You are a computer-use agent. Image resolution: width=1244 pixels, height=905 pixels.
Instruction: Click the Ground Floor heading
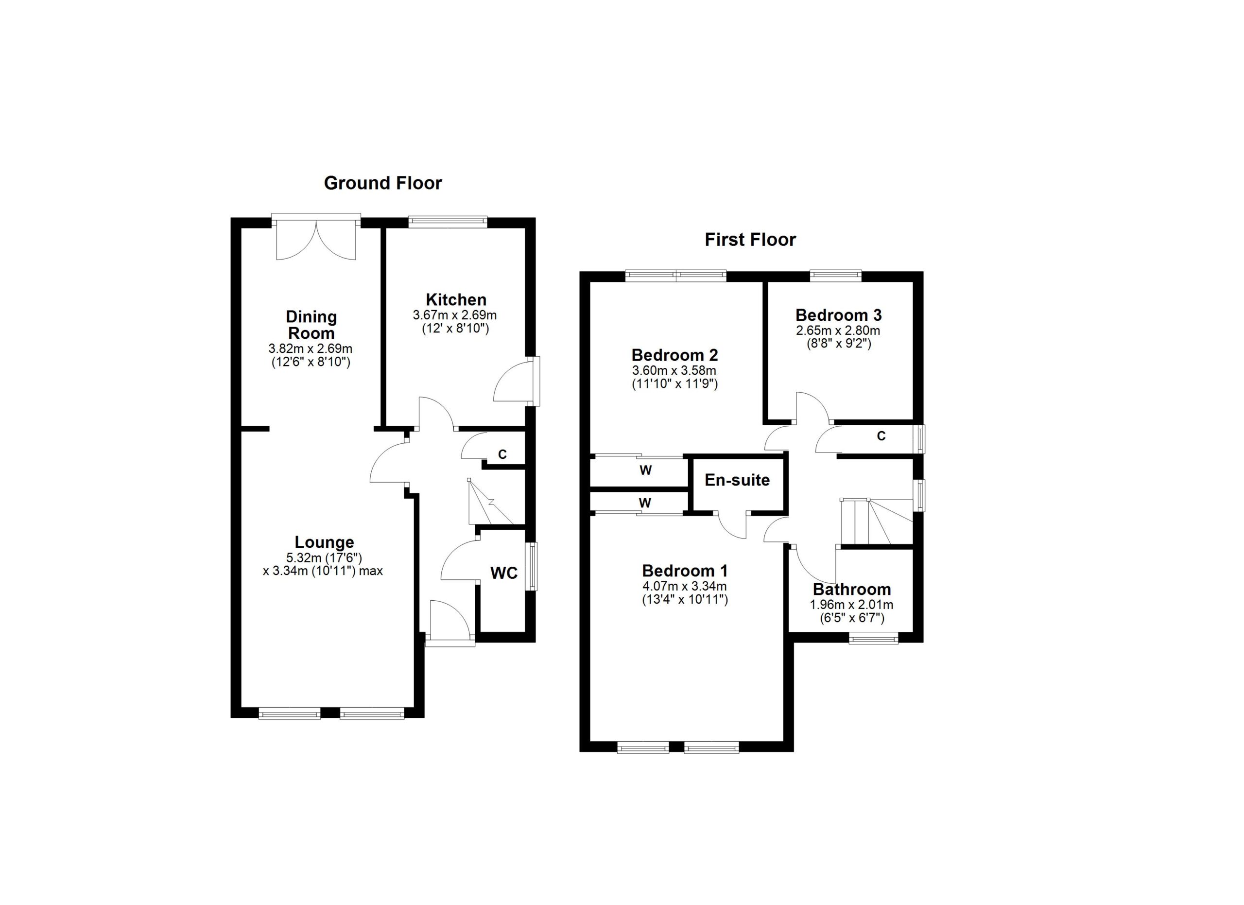click(x=383, y=183)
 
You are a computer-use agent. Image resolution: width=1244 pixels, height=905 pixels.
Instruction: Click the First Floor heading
click(x=750, y=240)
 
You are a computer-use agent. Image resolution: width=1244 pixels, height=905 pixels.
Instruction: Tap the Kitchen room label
click(x=456, y=299)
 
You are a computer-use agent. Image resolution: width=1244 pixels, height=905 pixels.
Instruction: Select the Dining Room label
click(x=311, y=325)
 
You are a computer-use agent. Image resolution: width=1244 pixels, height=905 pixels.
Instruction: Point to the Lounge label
click(x=324, y=542)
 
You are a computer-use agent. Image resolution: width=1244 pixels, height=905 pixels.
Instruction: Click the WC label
click(x=503, y=573)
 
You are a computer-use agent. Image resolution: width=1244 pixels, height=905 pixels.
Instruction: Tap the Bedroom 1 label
click(x=685, y=571)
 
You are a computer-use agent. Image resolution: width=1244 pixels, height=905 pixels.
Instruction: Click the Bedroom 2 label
click(x=674, y=355)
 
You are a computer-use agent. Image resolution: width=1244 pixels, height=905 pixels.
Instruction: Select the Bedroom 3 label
click(x=839, y=315)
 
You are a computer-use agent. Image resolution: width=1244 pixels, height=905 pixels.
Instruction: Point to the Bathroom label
click(x=852, y=590)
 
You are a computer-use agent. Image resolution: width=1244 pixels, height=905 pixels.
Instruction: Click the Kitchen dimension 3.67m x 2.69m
click(x=455, y=315)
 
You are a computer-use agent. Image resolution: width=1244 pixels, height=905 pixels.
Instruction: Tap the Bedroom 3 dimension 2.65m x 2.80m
click(x=838, y=331)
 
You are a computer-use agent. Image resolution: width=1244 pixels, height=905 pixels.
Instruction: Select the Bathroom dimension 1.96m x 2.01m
click(x=851, y=605)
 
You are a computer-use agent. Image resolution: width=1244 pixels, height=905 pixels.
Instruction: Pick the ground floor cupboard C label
click(x=502, y=455)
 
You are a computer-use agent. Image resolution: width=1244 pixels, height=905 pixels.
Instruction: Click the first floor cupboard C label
click(x=881, y=436)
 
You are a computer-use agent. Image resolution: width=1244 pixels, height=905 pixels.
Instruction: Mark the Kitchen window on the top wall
click(x=448, y=221)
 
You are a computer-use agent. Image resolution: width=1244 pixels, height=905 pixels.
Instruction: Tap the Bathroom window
click(x=873, y=638)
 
